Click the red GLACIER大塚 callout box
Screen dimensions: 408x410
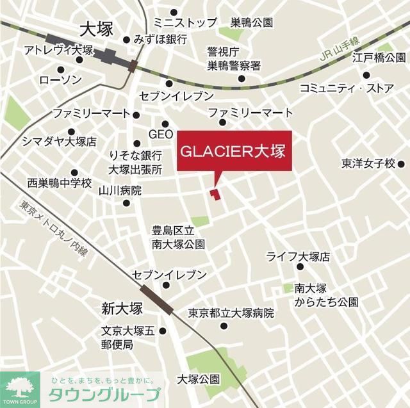[x=234, y=152]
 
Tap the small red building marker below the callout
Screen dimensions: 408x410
[x=214, y=193]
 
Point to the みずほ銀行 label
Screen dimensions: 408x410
[x=161, y=39]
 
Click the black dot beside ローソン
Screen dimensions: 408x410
[x=61, y=69]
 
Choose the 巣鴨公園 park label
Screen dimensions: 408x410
[x=252, y=23]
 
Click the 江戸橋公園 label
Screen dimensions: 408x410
[x=381, y=58]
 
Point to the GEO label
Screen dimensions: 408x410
[x=161, y=135]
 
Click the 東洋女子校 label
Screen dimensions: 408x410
[x=368, y=163]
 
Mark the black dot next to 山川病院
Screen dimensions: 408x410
[x=126, y=204]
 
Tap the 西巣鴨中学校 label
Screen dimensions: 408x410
[x=60, y=183]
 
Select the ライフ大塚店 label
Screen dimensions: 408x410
[x=298, y=257]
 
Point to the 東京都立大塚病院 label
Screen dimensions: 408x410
[x=231, y=314]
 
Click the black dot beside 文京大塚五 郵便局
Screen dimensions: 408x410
[x=163, y=332]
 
